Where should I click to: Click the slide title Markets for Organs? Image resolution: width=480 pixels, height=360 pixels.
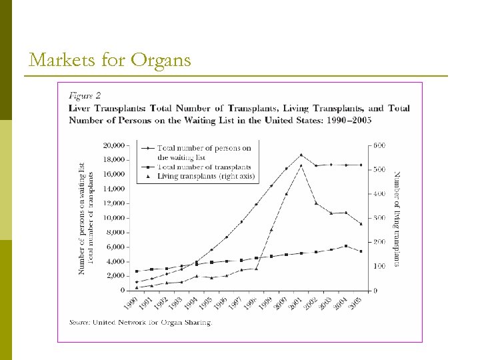tap(110, 60)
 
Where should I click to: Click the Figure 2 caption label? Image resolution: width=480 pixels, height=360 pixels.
tap(86, 95)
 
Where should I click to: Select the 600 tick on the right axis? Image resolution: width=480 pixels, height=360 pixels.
tap(379, 145)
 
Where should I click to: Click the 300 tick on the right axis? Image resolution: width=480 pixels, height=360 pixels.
tap(379, 218)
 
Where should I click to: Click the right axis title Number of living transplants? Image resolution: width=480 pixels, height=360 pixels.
tap(397, 219)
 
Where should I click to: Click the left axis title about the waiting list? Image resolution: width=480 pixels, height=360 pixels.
tap(82, 218)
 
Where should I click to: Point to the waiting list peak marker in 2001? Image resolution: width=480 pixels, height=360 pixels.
tap(301, 155)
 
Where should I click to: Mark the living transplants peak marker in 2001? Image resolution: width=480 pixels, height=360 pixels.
tap(301, 165)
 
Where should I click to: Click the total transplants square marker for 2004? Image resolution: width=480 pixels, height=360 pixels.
tap(346, 246)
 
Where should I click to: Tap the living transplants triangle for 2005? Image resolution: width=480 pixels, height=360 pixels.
tap(361, 224)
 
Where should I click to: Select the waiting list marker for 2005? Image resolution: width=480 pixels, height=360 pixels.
tap(361, 165)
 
